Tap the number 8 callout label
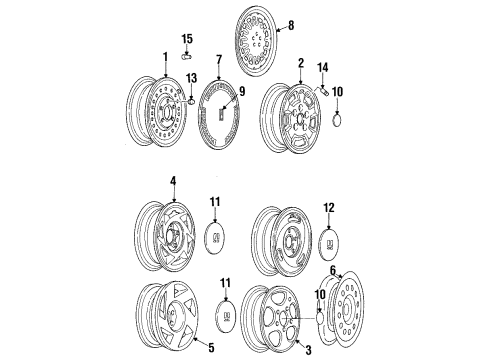point(291,25)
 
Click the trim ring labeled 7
point(221,118)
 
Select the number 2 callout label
point(300,63)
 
